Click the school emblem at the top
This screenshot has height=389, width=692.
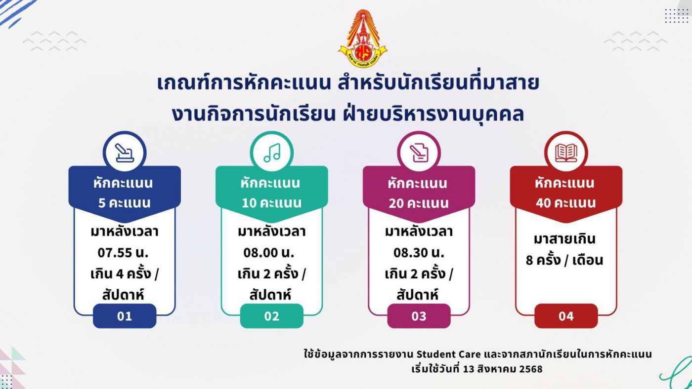(x=363, y=38)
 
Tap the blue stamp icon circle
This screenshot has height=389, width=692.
(x=125, y=153)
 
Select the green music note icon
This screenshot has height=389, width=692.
(x=272, y=153)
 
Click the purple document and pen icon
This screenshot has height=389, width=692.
(x=419, y=153)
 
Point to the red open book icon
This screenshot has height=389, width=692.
(x=566, y=153)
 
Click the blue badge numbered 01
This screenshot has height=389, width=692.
(x=125, y=316)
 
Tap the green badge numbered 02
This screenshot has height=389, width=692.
(x=272, y=316)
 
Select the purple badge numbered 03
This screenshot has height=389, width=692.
(x=419, y=316)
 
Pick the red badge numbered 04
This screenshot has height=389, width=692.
(x=566, y=316)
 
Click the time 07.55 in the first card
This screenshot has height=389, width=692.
(x=115, y=253)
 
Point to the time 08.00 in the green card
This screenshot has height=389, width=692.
(x=260, y=253)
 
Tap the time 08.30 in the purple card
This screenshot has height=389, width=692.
(x=411, y=253)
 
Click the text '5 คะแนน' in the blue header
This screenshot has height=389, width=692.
(x=125, y=203)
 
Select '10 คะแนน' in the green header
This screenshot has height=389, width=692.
(x=271, y=203)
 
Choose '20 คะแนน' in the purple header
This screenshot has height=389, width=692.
(x=419, y=203)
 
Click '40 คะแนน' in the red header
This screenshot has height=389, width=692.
(x=565, y=203)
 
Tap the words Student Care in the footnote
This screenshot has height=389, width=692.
(x=449, y=354)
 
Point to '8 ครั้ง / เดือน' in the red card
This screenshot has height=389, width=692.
(x=564, y=260)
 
